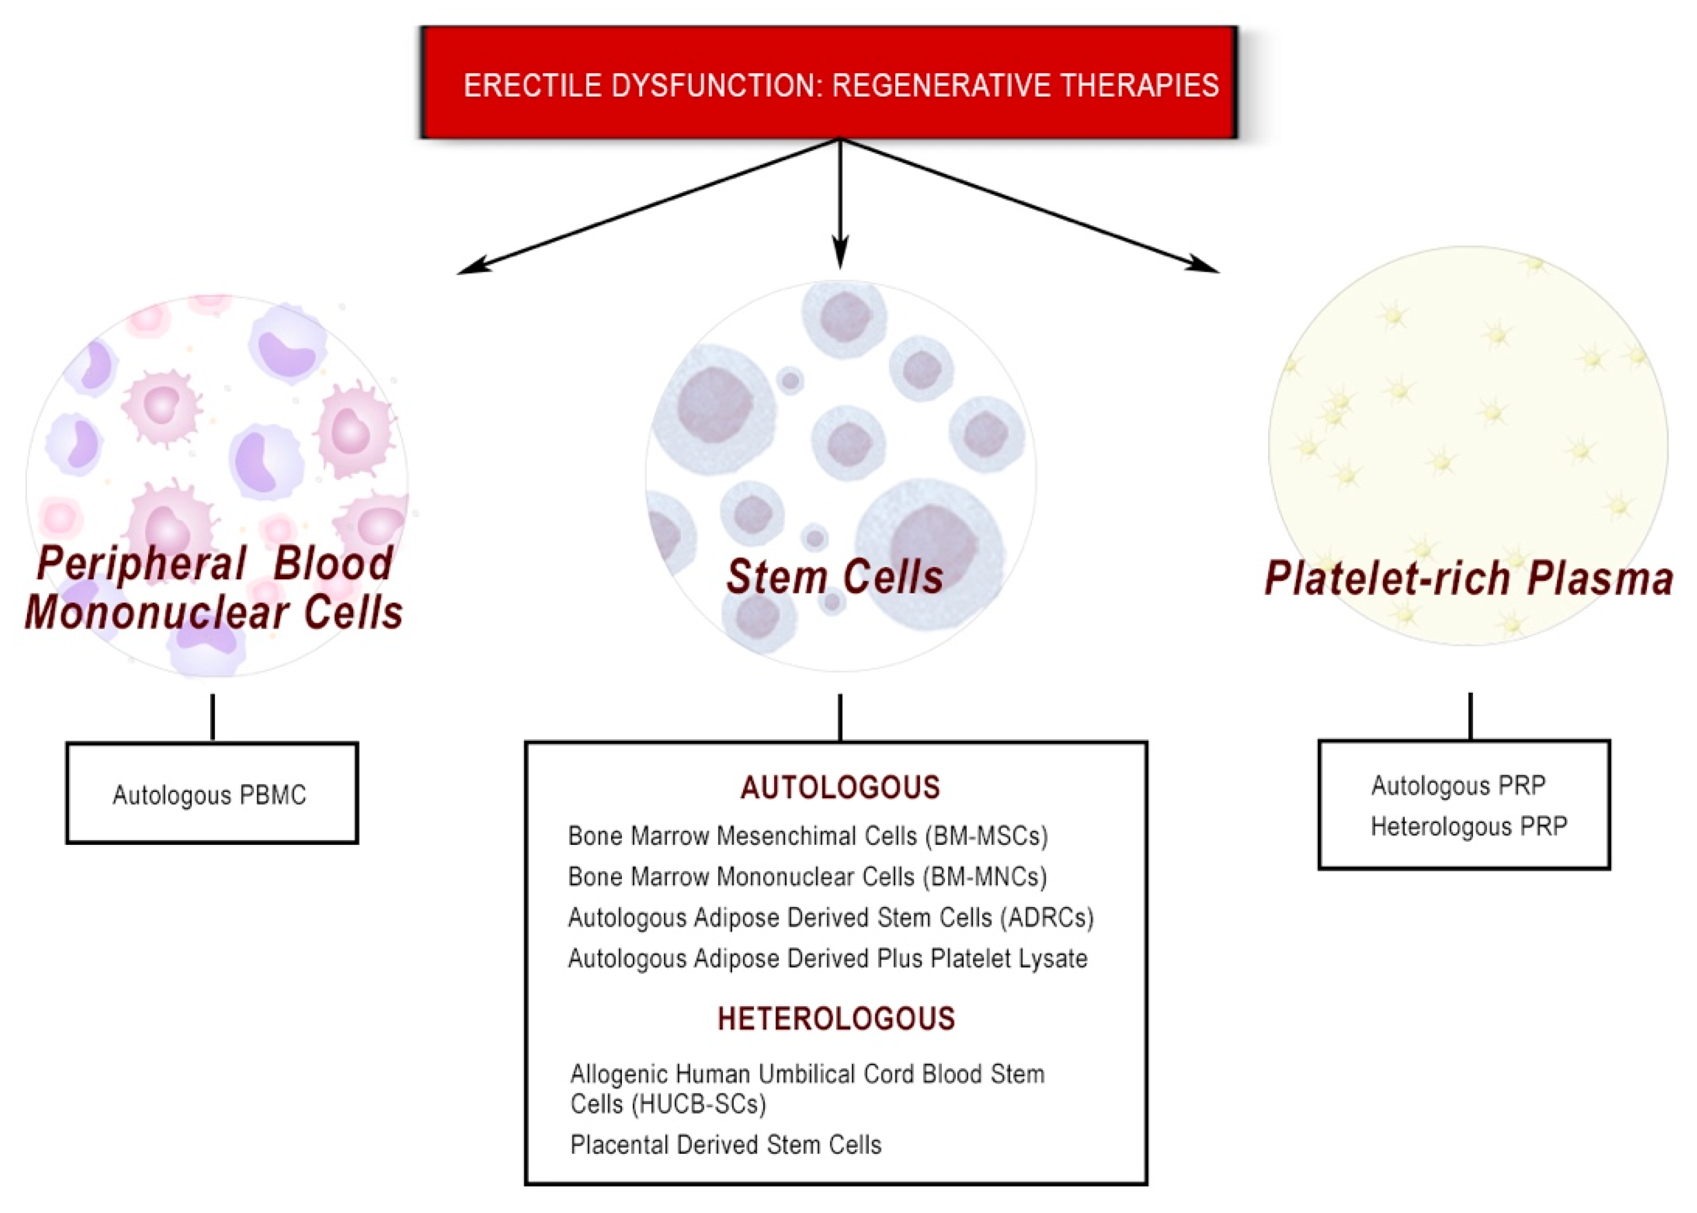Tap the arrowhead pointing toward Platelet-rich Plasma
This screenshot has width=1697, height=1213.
pos(1204,265)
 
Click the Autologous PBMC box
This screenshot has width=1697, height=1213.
pos(211,794)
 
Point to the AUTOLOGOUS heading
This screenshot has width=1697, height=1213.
pos(840,787)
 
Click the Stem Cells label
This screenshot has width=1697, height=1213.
pos(834,577)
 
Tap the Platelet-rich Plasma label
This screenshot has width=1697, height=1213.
pos(1468,579)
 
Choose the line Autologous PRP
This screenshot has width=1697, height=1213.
pos(1458,786)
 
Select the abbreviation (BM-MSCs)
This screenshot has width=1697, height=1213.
pos(986,836)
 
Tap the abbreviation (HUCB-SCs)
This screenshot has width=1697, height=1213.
pos(699,1104)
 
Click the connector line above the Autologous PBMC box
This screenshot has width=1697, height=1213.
pos(213,717)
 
